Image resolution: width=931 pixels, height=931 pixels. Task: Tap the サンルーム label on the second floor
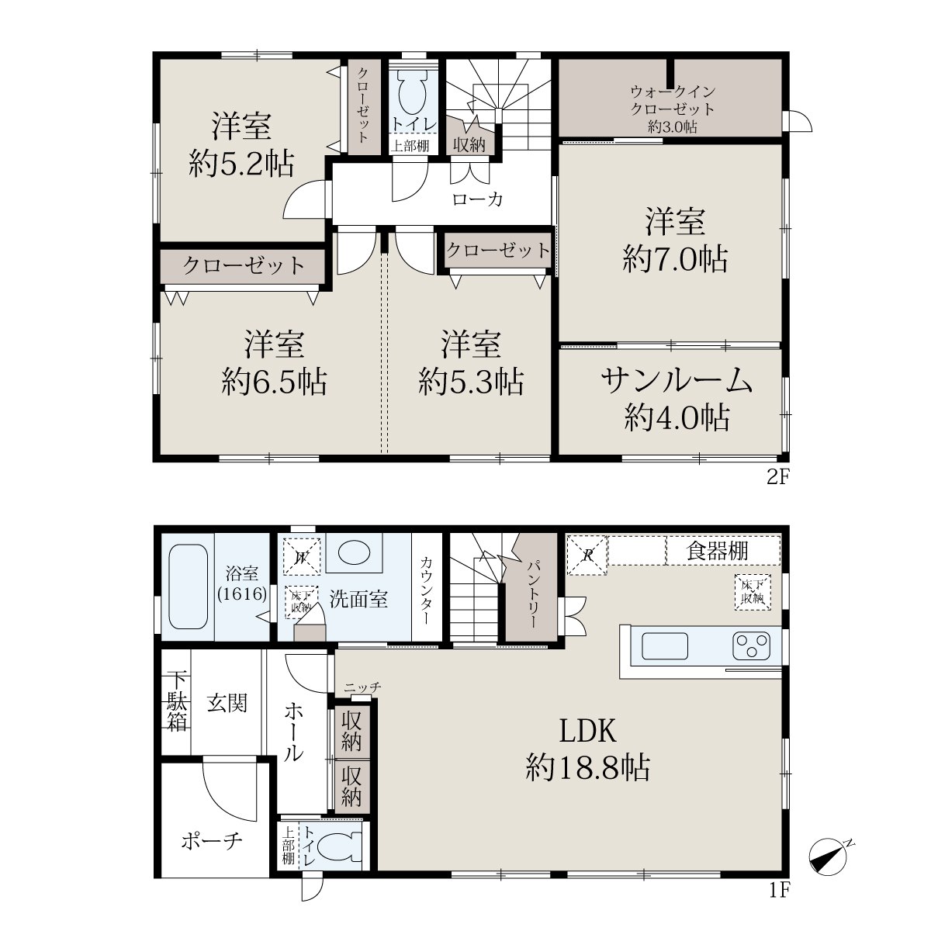click(677, 381)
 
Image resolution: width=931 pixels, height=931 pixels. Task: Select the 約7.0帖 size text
click(675, 259)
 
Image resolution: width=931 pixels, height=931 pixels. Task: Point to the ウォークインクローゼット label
click(672, 99)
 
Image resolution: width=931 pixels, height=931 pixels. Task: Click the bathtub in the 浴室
click(188, 587)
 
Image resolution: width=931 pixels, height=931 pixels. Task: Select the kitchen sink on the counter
click(664, 646)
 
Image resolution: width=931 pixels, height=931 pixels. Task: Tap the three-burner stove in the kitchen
click(751, 646)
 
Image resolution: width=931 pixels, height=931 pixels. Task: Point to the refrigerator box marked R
click(587, 555)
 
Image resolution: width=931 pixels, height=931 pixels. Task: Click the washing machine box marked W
click(302, 556)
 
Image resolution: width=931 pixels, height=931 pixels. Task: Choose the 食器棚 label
click(717, 551)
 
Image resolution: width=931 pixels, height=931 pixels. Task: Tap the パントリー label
click(532, 594)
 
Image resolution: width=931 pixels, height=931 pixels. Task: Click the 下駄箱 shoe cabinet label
click(178, 702)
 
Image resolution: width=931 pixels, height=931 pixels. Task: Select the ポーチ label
click(211, 841)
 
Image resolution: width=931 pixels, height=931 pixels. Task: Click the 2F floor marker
click(777, 477)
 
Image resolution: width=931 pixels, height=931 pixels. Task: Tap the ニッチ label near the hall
click(362, 687)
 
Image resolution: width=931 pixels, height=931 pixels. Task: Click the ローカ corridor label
click(477, 199)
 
